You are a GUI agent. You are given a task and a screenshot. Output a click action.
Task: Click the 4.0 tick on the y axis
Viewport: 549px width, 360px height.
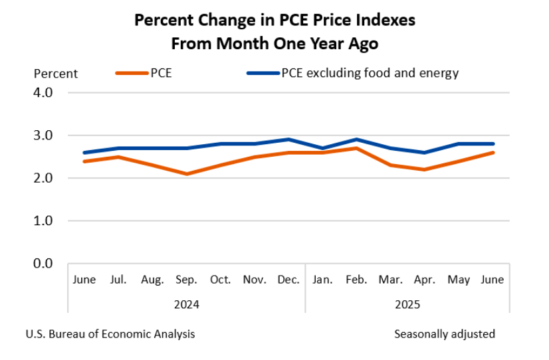coord(43,92)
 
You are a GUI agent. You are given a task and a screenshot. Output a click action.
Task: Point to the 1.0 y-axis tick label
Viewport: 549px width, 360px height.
coord(43,221)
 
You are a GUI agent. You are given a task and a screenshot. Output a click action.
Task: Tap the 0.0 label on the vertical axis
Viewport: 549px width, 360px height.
coord(43,264)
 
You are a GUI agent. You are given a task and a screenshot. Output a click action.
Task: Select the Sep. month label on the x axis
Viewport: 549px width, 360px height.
coord(186,280)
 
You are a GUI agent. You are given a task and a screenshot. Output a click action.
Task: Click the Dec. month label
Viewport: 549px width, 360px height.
coord(288,280)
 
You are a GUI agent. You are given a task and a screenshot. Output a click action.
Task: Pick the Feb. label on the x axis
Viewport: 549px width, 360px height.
coord(357,280)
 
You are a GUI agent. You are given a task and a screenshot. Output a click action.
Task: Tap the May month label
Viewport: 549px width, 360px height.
coord(459,280)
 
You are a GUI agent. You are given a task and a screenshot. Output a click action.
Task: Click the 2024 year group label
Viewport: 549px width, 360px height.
coord(186,305)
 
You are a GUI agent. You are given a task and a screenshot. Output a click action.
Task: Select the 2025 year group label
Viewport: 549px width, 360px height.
coord(407,305)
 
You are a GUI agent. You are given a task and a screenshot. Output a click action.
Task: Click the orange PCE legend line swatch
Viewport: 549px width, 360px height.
coord(132,73)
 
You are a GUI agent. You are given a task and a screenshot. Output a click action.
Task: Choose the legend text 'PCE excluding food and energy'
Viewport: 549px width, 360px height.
coord(370,73)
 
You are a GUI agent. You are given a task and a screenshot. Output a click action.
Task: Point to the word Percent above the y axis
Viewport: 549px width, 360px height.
coord(56,74)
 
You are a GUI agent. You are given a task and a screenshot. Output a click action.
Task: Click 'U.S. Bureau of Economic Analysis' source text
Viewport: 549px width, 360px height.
coord(110,334)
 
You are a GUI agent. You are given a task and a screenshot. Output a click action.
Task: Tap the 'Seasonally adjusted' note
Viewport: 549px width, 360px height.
coord(445,334)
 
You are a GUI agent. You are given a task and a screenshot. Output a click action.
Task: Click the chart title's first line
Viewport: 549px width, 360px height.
coord(274,20)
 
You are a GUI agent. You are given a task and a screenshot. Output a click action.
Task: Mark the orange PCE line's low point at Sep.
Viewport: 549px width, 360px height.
coord(187,174)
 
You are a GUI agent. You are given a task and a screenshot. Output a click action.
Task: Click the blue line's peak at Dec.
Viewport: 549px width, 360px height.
coord(288,139)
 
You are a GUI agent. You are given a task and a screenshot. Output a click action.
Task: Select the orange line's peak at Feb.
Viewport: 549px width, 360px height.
coord(357,148)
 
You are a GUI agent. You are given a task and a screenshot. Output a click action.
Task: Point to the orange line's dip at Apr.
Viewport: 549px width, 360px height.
coord(425,169)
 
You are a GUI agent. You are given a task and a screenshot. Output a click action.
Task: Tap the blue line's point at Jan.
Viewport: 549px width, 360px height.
coord(323,148)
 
